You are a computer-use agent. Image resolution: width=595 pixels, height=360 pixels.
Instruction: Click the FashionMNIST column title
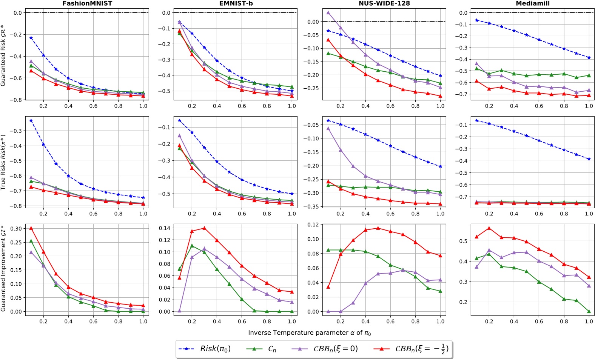[87, 3]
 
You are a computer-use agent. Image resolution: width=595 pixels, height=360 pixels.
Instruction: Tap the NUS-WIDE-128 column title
[384, 3]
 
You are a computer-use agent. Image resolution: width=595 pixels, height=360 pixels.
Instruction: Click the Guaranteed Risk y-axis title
[3, 55]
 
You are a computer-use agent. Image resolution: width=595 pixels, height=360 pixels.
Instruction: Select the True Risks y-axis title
[3, 162]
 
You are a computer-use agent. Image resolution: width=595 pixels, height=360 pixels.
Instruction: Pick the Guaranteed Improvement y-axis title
[3, 268]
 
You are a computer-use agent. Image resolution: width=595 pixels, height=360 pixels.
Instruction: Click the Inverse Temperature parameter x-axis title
[310, 333]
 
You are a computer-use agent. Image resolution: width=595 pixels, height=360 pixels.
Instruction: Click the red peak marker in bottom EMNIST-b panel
[204, 228]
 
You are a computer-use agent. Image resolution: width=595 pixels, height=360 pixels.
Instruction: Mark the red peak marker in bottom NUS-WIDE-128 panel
[378, 228]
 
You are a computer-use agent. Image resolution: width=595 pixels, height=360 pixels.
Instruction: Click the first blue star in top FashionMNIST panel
[31, 38]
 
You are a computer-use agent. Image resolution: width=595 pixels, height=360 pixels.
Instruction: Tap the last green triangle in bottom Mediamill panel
[589, 312]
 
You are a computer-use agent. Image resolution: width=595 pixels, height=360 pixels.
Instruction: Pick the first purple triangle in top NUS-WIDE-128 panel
[328, 12]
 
